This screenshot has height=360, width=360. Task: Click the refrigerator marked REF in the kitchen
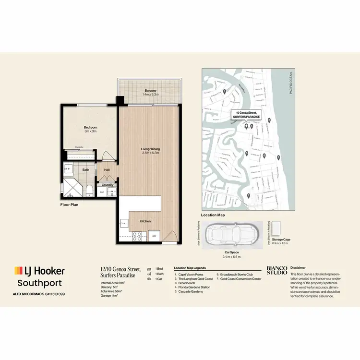[155, 236]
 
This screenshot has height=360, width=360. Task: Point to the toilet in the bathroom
[90, 191]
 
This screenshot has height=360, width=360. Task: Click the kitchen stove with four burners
[137, 236]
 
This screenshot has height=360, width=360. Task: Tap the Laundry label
[108, 184]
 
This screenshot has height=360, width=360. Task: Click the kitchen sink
[124, 223]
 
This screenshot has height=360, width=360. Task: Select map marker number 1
[224, 91]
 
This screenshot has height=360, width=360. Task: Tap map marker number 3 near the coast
[278, 157]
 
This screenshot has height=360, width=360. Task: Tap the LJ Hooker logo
[39, 271]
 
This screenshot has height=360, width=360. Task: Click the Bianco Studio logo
[276, 271]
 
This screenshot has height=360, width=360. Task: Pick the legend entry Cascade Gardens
[191, 291]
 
